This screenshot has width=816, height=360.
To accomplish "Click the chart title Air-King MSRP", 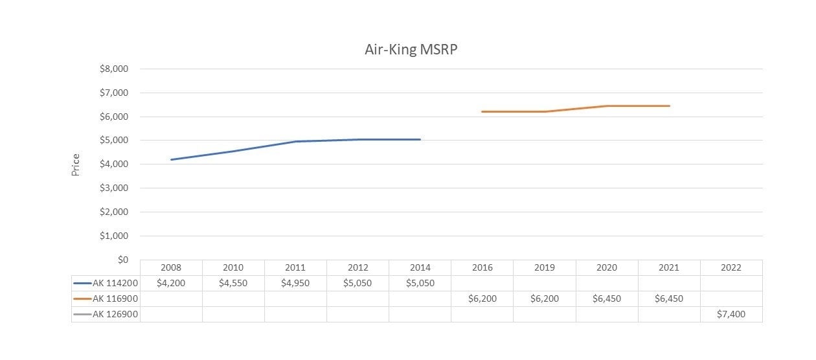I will coord(411,50).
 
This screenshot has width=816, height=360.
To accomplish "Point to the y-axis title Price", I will coord(76,164).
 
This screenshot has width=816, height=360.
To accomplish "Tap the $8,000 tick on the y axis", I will coord(114,69).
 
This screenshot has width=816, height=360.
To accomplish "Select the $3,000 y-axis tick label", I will coord(114,188).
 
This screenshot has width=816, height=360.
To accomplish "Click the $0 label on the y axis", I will coord(122,260).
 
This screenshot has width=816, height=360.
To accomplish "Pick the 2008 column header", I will coord(171,267).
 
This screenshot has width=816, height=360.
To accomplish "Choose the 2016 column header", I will coord(482,267).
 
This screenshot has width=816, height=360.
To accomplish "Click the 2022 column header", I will coord(731,267).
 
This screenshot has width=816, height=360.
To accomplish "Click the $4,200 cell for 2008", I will coord(171,283).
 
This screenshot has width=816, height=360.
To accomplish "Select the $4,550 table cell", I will coord(233,283).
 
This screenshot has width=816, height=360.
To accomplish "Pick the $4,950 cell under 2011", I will coord(295,283).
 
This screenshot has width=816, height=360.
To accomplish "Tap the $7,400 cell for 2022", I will coord(731,314).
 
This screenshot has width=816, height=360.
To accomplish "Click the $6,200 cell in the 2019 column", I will coord(544,298).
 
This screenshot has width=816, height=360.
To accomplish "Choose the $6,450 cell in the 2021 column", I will coord(668,298).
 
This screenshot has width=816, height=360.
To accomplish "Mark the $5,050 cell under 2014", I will coord(420,283).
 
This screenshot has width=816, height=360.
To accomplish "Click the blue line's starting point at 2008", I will coord(171,159).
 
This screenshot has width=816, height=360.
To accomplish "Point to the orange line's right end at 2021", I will coord(669,106).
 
